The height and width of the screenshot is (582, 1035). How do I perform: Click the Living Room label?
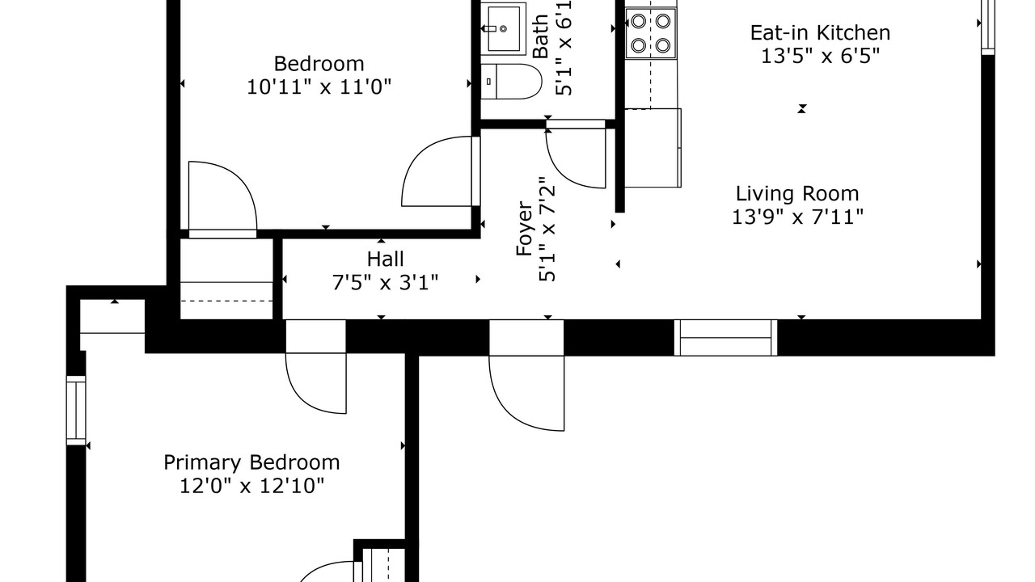[x=797, y=193]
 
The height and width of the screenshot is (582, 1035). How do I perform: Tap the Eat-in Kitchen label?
[x=820, y=33]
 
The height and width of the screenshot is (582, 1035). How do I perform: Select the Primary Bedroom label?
[x=251, y=463]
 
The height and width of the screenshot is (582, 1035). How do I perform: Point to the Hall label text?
[x=386, y=259]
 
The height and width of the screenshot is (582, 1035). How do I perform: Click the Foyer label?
[x=525, y=228]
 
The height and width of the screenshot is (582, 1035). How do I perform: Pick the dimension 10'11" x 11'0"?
[x=319, y=86]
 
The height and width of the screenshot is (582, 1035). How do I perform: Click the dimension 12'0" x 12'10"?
[x=251, y=486]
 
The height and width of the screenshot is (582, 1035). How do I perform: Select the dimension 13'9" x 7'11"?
[x=797, y=217]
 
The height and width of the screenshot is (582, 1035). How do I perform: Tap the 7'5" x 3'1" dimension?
[x=386, y=282]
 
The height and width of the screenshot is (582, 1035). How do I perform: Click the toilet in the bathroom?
[x=511, y=82]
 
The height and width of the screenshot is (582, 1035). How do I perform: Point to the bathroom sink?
[x=503, y=28]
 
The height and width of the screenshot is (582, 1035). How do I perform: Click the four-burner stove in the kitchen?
[x=651, y=33]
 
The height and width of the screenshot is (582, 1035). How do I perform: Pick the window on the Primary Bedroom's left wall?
[x=76, y=410]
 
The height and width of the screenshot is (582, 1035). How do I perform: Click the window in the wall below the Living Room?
[x=725, y=338]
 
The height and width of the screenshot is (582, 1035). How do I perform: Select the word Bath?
[x=540, y=36]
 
